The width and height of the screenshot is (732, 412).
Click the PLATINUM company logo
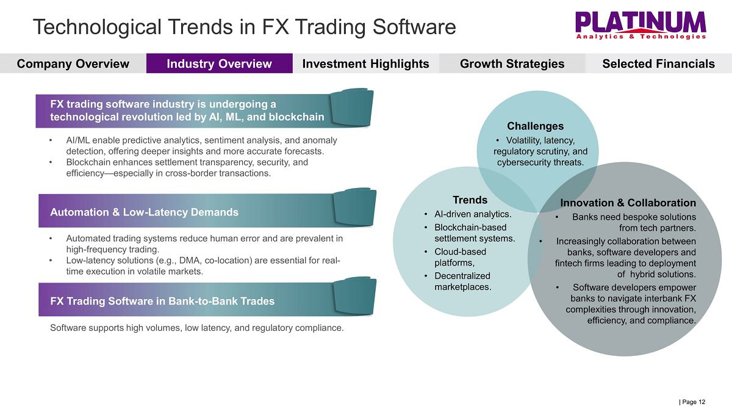[640, 26]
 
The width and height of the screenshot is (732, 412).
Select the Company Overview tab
[73, 63]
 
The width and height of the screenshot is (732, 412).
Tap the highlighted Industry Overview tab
[219, 63]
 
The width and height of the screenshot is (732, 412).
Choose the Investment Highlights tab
[365, 63]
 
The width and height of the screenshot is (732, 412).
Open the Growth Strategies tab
[512, 63]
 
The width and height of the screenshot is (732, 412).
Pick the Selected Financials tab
[658, 63]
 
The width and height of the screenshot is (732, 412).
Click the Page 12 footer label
[692, 402]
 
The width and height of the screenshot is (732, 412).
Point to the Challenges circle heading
[536, 126]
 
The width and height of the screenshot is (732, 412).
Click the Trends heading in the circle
[470, 200]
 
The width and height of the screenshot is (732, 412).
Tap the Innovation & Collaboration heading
[628, 203]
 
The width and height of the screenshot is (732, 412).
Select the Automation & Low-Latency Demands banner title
[144, 212]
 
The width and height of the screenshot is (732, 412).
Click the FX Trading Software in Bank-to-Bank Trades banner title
[162, 301]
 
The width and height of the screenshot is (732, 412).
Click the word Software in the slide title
[414, 27]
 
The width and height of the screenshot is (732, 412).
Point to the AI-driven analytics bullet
[473, 214]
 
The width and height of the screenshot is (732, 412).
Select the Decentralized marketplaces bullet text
[463, 281]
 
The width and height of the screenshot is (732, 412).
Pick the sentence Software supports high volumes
[196, 328]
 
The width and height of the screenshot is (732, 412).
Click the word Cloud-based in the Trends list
[460, 251]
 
